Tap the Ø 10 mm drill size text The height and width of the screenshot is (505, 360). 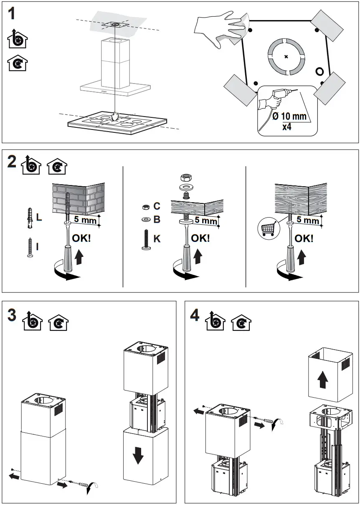click(289, 117)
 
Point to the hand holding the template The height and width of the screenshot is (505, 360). click(221, 28)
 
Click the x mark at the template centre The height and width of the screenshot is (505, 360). click(286, 57)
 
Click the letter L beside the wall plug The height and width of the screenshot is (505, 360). click(39, 218)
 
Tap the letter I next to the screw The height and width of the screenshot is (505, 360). click(37, 246)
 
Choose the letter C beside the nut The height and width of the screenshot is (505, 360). click(157, 206)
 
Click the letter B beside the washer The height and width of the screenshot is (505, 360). click(157, 219)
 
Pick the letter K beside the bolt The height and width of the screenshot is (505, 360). click(157, 239)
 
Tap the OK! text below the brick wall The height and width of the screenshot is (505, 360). click(81, 239)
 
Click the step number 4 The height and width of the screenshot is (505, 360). click(194, 315)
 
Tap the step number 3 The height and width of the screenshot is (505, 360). click(13, 315)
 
